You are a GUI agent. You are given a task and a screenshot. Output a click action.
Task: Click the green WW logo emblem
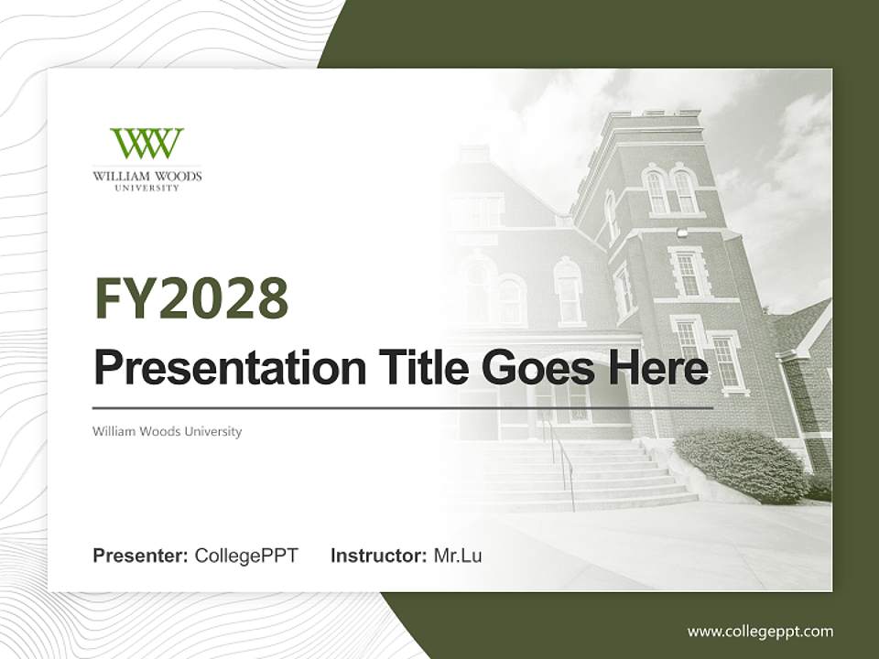(x=146, y=144)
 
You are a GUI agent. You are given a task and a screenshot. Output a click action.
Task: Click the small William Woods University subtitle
(x=167, y=431)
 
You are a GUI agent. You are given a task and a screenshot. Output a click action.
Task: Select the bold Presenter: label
(x=141, y=555)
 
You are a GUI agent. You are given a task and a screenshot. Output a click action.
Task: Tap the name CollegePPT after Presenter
(x=246, y=555)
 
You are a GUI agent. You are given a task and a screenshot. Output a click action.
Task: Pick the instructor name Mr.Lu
(x=458, y=555)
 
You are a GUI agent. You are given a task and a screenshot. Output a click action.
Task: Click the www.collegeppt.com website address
(x=760, y=631)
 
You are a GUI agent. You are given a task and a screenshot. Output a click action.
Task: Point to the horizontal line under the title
(x=403, y=407)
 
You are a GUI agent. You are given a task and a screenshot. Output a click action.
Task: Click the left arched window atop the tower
(x=656, y=191)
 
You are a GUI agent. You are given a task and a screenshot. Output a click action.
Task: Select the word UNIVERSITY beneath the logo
(x=146, y=188)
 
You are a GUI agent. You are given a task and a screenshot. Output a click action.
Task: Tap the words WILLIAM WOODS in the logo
(x=146, y=176)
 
